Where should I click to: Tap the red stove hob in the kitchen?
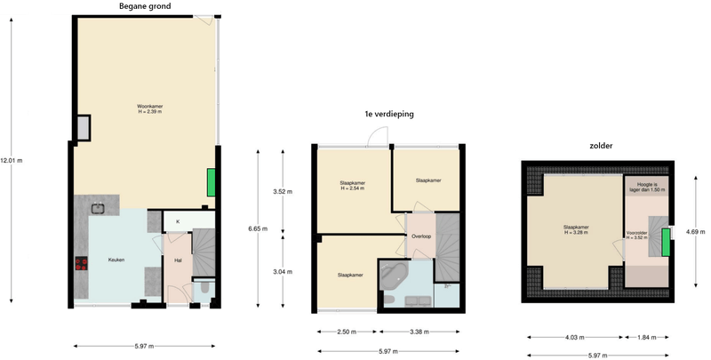(81, 262)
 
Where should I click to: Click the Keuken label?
(116, 260)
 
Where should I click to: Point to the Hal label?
(178, 260)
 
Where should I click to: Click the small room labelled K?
(178, 221)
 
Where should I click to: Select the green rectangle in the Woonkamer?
(211, 182)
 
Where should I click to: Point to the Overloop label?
(421, 236)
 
